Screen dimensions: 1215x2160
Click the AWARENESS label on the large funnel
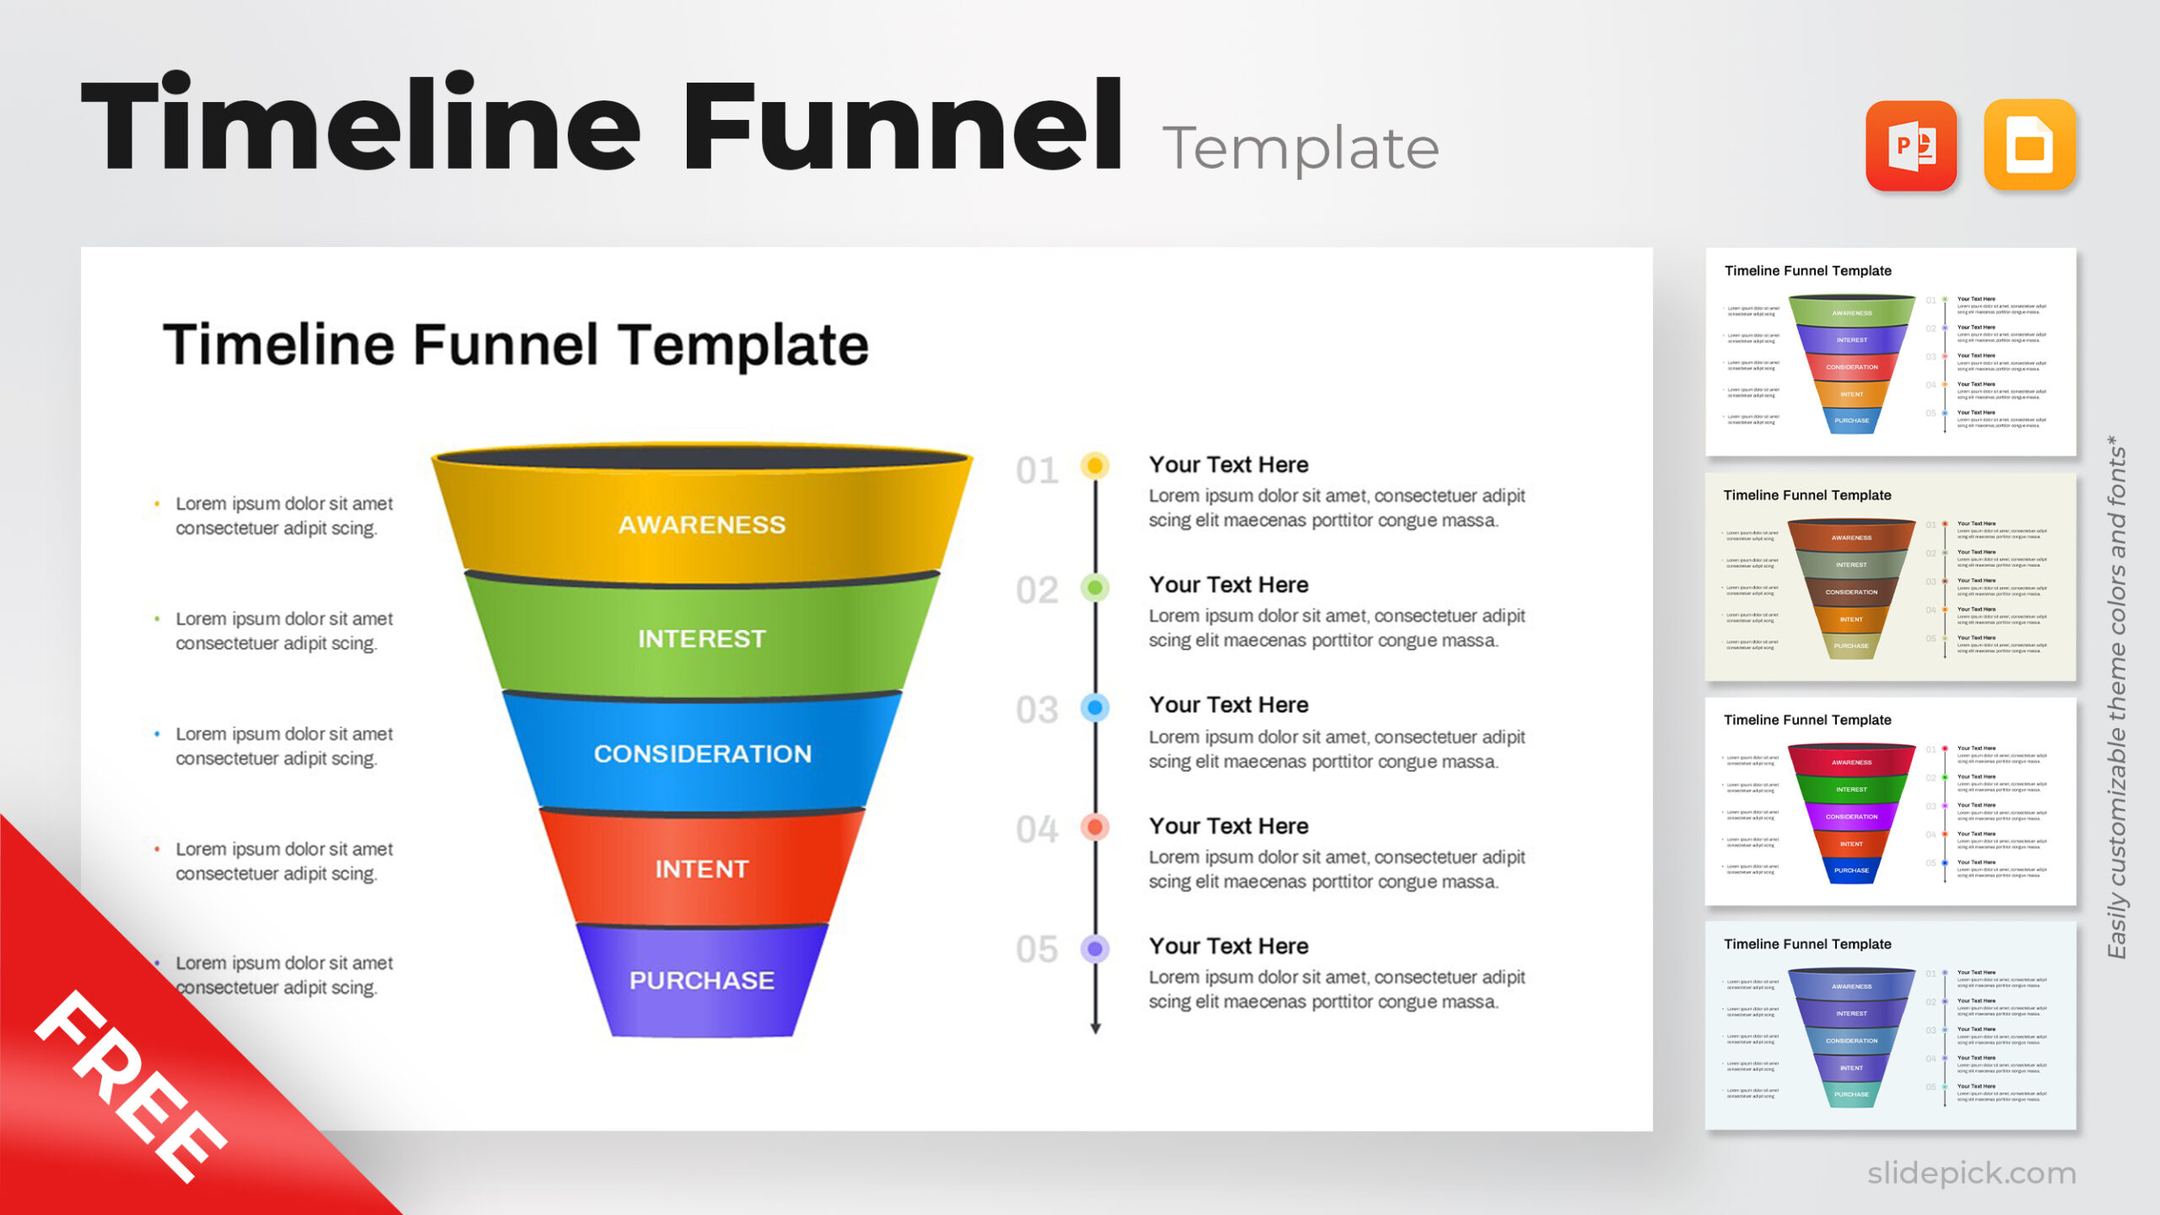click(702, 525)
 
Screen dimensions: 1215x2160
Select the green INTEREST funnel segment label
click(702, 639)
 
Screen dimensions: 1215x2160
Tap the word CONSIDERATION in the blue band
click(702, 753)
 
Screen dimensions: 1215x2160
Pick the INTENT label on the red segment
click(702, 869)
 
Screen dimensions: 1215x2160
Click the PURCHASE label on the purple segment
click(702, 980)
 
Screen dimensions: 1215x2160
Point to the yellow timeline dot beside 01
click(1095, 465)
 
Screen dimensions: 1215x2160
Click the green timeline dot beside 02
click(1095, 587)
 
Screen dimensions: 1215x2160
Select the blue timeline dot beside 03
click(1095, 707)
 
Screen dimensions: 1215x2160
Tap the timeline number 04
click(1037, 829)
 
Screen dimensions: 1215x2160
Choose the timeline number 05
click(1037, 949)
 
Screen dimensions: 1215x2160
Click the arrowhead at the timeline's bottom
click(1095, 1027)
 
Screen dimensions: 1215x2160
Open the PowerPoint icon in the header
click(1911, 146)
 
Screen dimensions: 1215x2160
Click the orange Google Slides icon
click(2029, 146)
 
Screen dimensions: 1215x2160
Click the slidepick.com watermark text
click(1971, 1173)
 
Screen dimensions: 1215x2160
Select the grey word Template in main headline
click(1300, 148)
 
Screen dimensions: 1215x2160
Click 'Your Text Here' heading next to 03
click(1228, 705)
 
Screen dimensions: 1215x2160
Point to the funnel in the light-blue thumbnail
click(1851, 1038)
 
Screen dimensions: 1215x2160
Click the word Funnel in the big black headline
click(901, 127)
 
